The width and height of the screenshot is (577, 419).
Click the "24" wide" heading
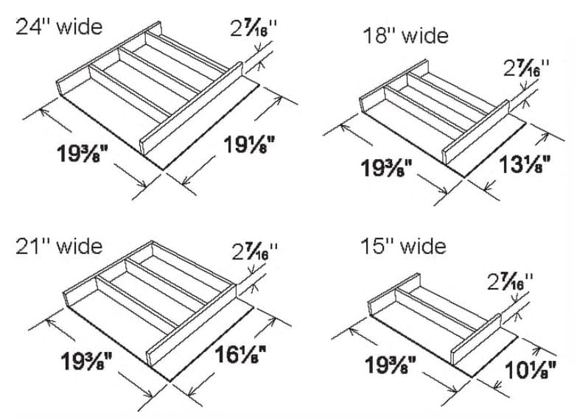point(59,27)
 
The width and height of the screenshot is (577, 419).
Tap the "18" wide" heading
point(405,35)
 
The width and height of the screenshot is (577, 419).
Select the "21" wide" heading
point(59,245)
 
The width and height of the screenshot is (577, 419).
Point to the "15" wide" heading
point(404,245)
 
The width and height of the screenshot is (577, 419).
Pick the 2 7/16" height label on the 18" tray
point(526,68)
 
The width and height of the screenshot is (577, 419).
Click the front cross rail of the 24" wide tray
point(192,110)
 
